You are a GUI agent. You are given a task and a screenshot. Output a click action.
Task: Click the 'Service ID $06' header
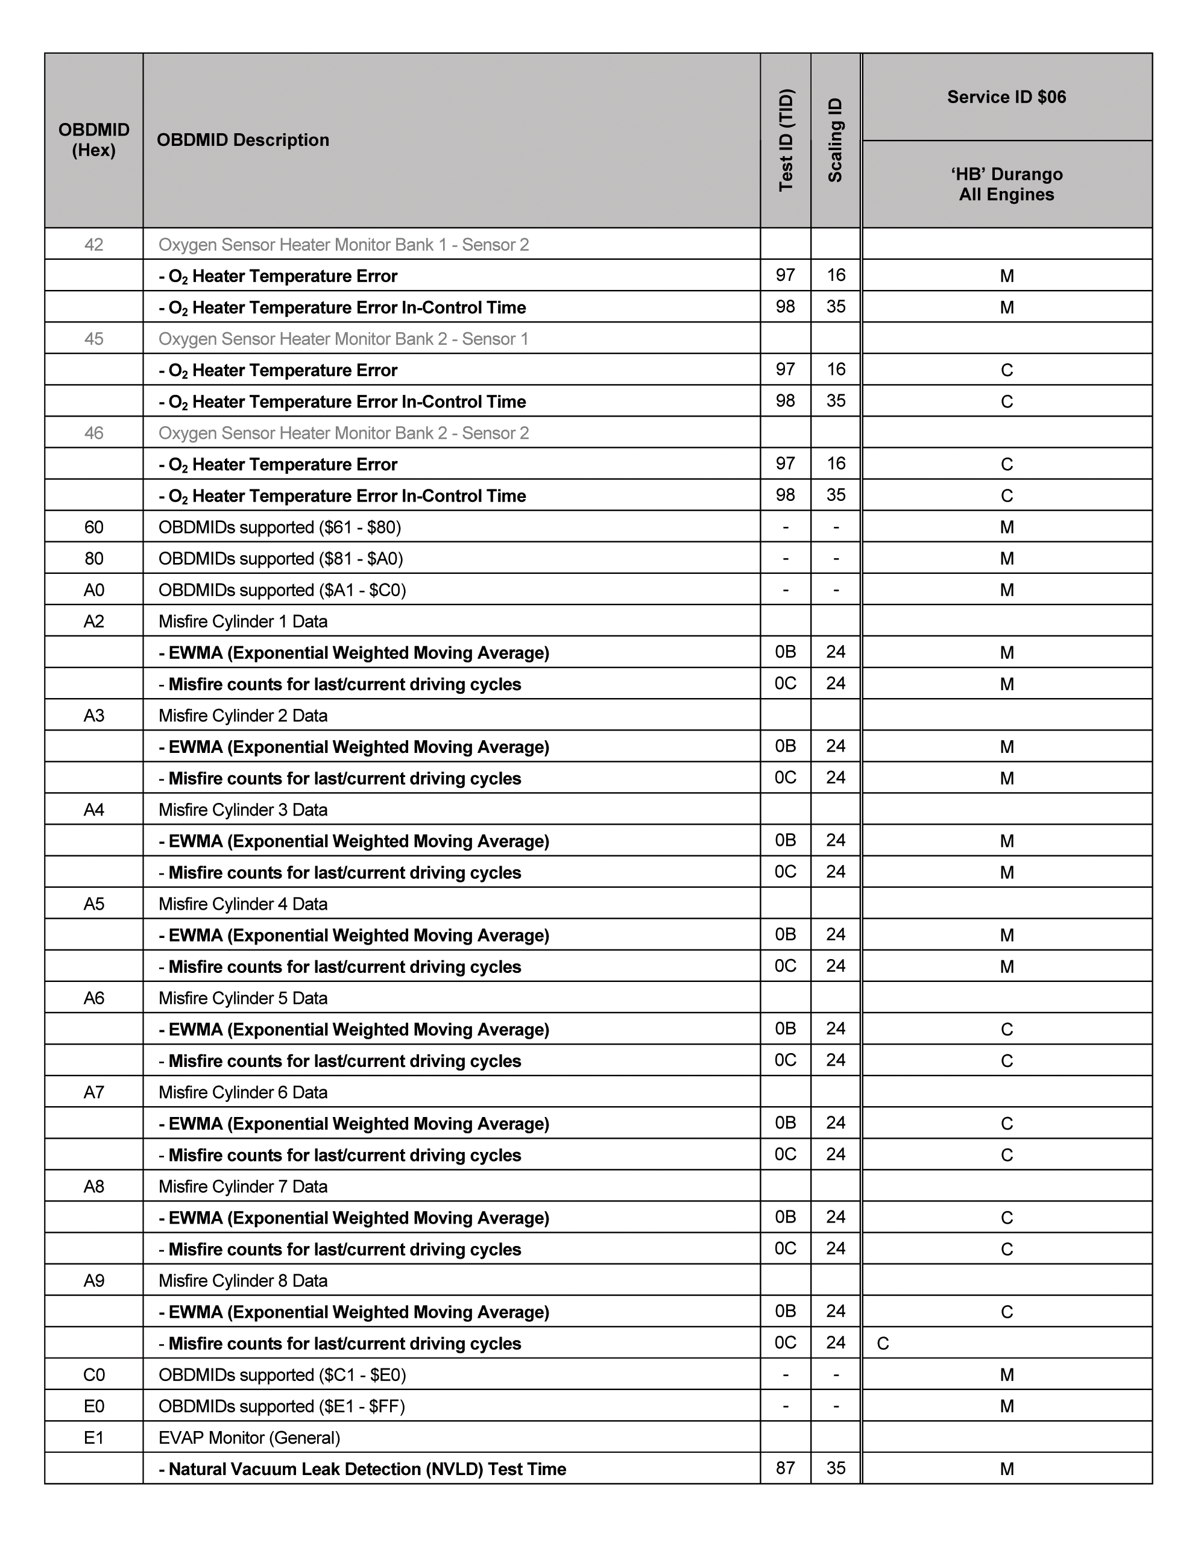[x=1006, y=97]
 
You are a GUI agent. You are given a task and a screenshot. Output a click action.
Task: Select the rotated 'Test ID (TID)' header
[x=786, y=140]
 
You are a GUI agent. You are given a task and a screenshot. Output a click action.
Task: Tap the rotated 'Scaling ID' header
[x=835, y=140]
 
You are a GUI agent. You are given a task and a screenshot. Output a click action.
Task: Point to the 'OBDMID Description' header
[x=242, y=140]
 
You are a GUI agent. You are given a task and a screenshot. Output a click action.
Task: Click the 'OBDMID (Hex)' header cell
[x=93, y=140]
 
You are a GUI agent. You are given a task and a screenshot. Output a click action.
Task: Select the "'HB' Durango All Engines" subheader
[x=1006, y=184]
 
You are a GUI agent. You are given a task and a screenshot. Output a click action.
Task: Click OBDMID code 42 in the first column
[x=93, y=245]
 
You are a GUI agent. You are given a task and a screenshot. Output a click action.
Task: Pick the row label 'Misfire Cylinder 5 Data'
[x=242, y=998]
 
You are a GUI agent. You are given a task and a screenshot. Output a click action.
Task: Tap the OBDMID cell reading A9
[x=93, y=1281]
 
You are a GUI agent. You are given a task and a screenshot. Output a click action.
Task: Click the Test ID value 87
[x=785, y=1468]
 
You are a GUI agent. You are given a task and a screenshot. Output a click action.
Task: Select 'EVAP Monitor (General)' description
[x=249, y=1438]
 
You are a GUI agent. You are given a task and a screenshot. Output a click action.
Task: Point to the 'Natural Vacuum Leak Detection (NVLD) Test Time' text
[x=362, y=1469]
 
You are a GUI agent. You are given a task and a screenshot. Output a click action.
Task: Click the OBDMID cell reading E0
[x=93, y=1406]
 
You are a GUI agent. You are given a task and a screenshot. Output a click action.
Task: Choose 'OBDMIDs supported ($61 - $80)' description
[x=279, y=527]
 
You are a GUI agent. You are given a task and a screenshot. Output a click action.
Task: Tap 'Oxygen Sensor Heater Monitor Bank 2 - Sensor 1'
[x=343, y=339]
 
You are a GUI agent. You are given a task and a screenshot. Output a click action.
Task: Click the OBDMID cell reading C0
[x=93, y=1375]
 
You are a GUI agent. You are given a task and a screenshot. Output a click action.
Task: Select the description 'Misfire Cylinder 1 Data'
[x=242, y=621]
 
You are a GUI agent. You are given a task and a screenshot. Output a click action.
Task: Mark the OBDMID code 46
[x=93, y=433]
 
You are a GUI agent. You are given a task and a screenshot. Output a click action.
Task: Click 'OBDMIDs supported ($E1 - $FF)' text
[x=282, y=1406]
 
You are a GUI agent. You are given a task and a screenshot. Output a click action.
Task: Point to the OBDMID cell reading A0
[x=93, y=590]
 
